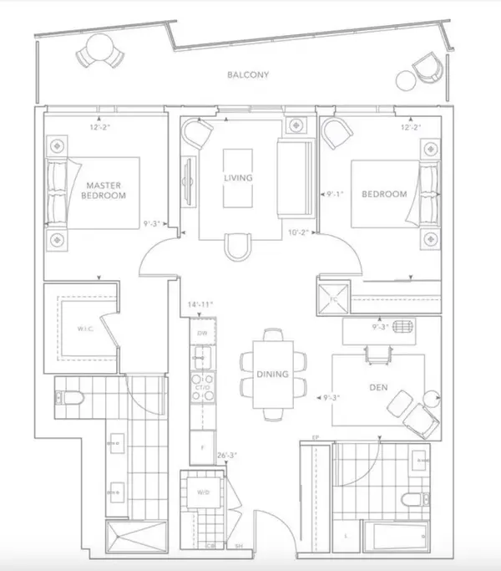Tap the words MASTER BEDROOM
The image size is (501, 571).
(104, 191)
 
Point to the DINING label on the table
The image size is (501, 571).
(273, 375)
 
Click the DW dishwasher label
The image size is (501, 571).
(201, 334)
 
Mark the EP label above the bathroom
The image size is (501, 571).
(317, 437)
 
